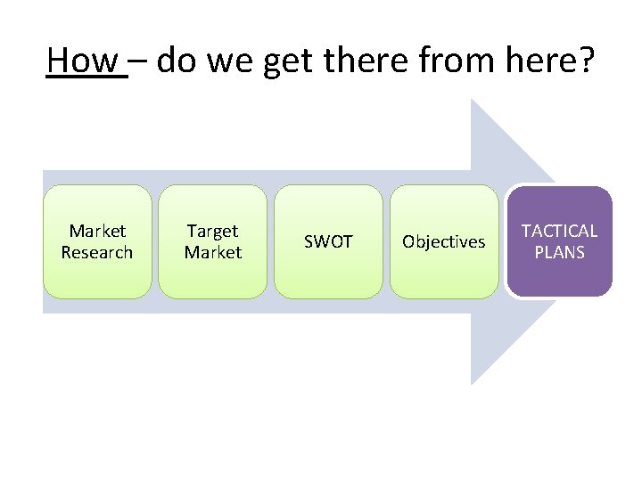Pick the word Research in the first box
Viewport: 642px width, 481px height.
97,253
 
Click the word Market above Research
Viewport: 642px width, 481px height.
97,232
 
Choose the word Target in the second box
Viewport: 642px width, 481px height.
212,232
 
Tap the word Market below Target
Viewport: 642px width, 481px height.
212,253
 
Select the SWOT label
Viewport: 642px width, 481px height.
328,242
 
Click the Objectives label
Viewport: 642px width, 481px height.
444,242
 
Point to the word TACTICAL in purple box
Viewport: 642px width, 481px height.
559,232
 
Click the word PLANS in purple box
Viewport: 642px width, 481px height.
559,253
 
